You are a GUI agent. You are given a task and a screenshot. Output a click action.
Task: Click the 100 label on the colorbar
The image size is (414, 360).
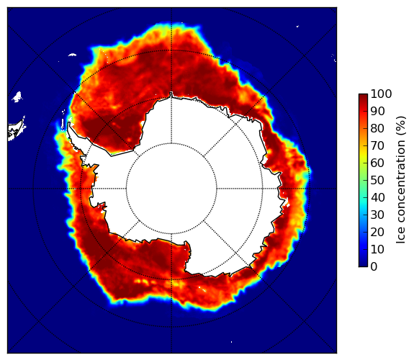point(382,94)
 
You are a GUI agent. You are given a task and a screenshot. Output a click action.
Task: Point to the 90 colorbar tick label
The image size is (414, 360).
point(378,111)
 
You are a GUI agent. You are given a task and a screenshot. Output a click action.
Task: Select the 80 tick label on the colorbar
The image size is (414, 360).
point(378,129)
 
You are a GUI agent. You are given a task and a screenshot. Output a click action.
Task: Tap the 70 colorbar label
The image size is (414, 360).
point(378,145)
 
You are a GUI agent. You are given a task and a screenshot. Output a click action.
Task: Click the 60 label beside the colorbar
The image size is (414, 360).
point(378,163)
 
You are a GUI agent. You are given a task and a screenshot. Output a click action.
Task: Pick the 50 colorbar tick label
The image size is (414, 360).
point(378,181)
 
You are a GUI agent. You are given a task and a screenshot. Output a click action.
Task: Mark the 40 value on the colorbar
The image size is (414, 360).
point(378,197)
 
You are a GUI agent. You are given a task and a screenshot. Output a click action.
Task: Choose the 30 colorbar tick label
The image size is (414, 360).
point(378,215)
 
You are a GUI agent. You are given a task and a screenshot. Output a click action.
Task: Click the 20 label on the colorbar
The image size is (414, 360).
point(378,232)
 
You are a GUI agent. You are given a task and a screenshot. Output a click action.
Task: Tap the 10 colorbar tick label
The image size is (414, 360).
point(378,249)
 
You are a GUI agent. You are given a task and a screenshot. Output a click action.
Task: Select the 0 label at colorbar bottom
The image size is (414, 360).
point(374,267)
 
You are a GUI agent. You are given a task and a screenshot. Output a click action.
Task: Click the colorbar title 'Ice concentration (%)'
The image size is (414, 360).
point(401,180)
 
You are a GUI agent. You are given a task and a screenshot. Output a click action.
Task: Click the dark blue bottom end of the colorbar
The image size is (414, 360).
point(363,265)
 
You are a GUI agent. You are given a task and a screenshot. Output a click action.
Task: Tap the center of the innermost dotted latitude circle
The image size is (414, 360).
point(171,189)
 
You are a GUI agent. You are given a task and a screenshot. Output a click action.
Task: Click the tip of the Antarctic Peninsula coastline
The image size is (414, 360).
point(68,123)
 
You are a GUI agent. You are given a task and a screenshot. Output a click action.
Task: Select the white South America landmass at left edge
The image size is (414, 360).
point(16,131)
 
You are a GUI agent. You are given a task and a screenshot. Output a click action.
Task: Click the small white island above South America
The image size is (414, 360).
point(17,96)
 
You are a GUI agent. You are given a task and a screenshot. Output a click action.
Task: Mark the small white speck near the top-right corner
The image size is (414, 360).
point(297,26)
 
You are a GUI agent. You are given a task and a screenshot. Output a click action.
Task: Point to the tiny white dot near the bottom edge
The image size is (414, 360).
point(232,342)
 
